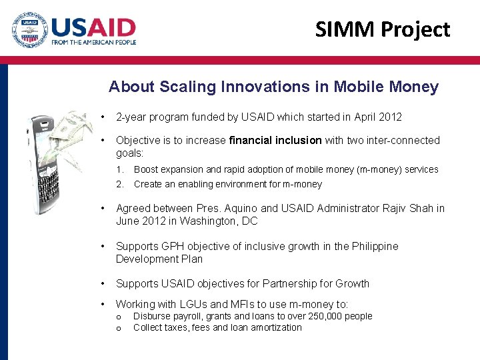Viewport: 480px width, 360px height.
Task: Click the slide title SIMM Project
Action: pos(382,29)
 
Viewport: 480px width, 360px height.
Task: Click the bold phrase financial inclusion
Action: pos(275,140)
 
